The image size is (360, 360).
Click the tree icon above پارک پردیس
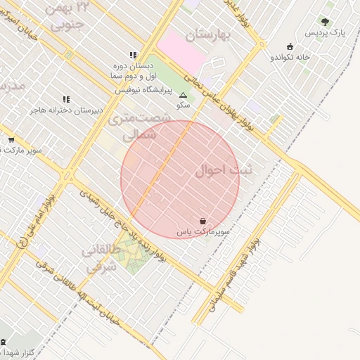pyautogui.click(x=325, y=22)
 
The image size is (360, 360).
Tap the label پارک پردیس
pyautogui.click(x=326, y=33)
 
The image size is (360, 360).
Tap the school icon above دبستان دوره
pyautogui.click(x=132, y=55)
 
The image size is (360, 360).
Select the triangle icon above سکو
pyautogui.click(x=184, y=94)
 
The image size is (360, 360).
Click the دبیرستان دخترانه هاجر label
pyautogui.click(x=66, y=110)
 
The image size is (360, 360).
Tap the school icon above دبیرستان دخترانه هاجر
pyautogui.click(x=66, y=100)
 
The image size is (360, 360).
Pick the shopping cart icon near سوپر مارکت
pyautogui.click(x=11, y=140)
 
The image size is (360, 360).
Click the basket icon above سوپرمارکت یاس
pyautogui.click(x=203, y=221)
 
